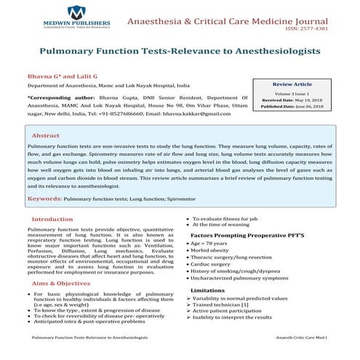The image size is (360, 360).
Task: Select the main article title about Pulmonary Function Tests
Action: (x=180, y=52)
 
